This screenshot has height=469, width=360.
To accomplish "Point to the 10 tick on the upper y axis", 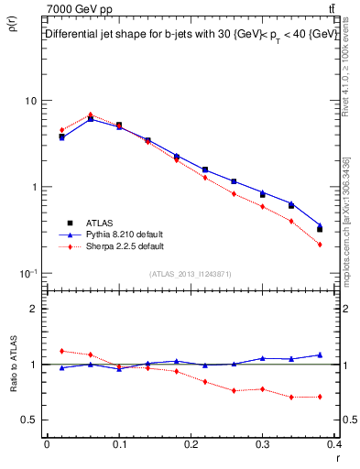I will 30,100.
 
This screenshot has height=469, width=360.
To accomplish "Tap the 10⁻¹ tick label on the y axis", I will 27,273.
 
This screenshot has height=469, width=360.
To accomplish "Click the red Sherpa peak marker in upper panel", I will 91,115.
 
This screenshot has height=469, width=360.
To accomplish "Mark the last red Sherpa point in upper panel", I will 320,245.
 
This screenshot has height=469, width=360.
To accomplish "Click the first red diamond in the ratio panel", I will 61,351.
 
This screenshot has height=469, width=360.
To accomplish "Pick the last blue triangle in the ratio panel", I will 320,354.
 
